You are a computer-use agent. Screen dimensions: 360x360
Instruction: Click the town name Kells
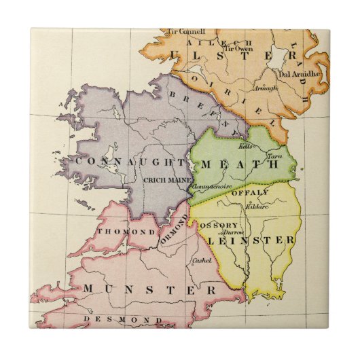click(245, 146)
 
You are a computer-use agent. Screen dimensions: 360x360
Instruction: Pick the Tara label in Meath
click(274, 156)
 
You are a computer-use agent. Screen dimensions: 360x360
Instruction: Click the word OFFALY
click(254, 192)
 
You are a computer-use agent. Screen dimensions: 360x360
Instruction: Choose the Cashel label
click(202, 260)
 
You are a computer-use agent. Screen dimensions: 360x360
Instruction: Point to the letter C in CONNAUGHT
click(76, 162)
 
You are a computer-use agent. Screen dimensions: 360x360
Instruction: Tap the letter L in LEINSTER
click(210, 240)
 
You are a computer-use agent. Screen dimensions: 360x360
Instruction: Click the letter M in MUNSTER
click(90, 289)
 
